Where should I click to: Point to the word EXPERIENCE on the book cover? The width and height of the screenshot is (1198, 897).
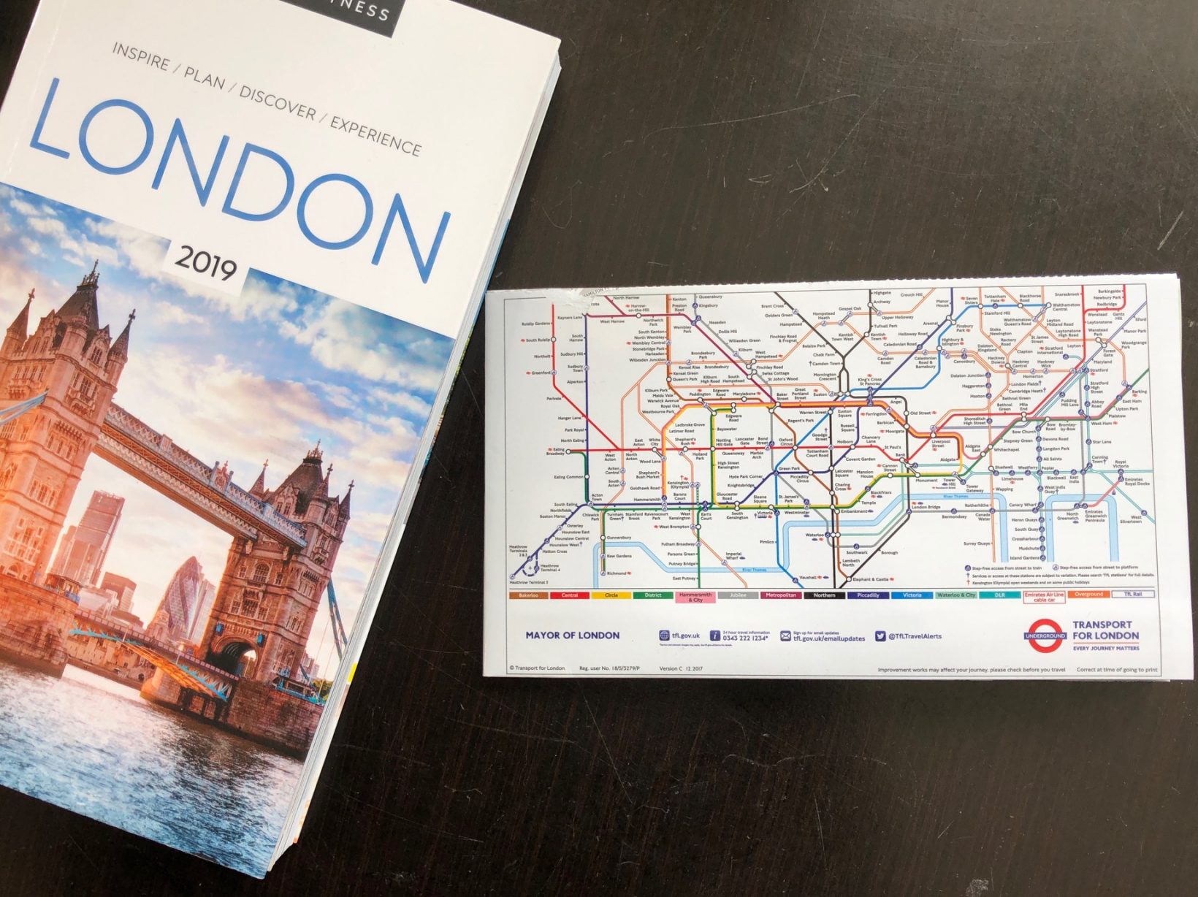375,135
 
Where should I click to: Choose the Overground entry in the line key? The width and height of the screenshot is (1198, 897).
1088,595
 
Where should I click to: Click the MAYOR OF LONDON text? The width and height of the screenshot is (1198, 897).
572,635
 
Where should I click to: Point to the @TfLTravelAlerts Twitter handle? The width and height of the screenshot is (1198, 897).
914,636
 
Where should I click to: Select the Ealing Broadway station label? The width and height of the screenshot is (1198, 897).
555,452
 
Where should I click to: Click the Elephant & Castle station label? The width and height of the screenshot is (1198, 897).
871,579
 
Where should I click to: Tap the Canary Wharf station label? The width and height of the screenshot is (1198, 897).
1022,505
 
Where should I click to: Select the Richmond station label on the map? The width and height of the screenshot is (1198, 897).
617,573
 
